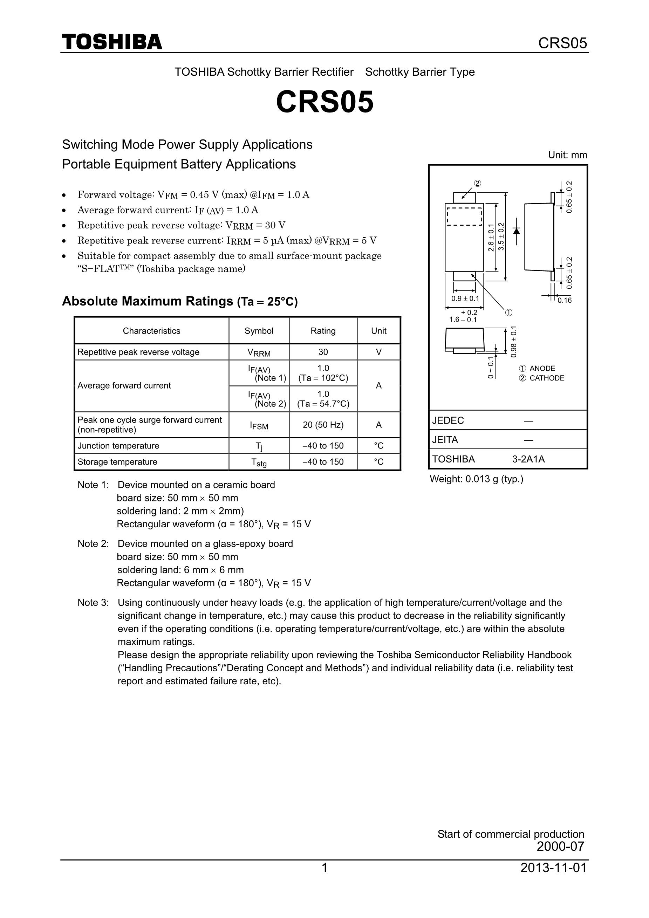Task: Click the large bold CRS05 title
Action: point(325,102)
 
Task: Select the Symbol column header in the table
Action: point(259,331)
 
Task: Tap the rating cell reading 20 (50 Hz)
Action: point(323,425)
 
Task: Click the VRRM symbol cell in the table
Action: point(259,352)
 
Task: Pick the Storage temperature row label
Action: point(117,462)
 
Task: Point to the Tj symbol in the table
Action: point(259,446)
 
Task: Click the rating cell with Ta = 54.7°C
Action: point(323,399)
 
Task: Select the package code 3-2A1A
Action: point(528,459)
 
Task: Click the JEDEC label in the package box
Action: point(448,420)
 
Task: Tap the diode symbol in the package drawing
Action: point(517,231)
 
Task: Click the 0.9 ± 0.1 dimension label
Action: point(465,299)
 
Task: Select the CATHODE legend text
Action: point(547,378)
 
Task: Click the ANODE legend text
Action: point(542,369)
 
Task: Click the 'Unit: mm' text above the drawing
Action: point(567,155)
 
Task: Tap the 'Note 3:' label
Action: point(93,603)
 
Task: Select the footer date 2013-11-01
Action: point(553,868)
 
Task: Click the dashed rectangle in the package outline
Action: point(464,216)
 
